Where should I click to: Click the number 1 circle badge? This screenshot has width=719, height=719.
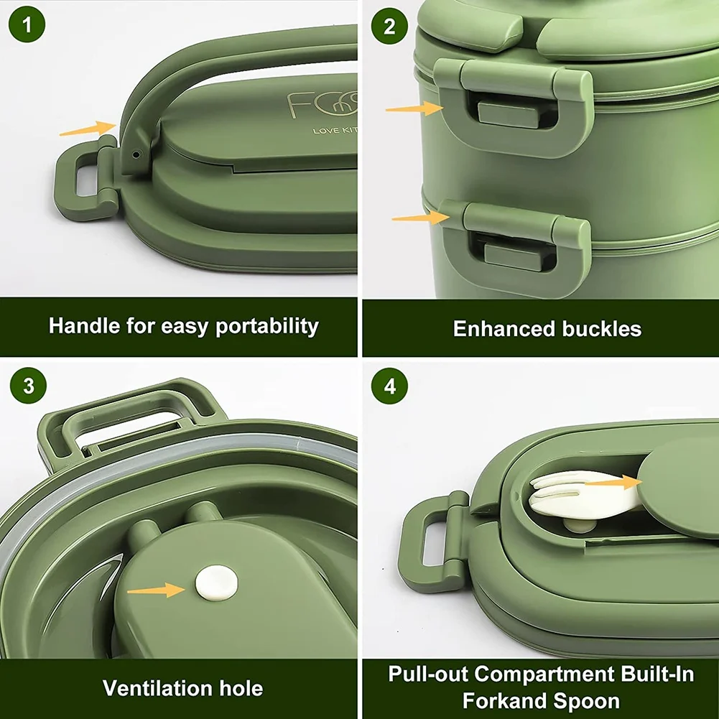click(28, 27)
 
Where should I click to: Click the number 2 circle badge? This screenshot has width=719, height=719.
click(389, 27)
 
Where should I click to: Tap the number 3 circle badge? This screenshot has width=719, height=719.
click(28, 386)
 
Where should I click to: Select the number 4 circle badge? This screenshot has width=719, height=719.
click(389, 386)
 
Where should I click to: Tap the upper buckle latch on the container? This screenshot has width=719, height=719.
click(514, 108)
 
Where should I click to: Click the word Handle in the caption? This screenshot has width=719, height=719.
click(83, 326)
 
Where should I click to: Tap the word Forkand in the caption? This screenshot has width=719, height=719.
click(504, 700)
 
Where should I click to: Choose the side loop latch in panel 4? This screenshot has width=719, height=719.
click(431, 543)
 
